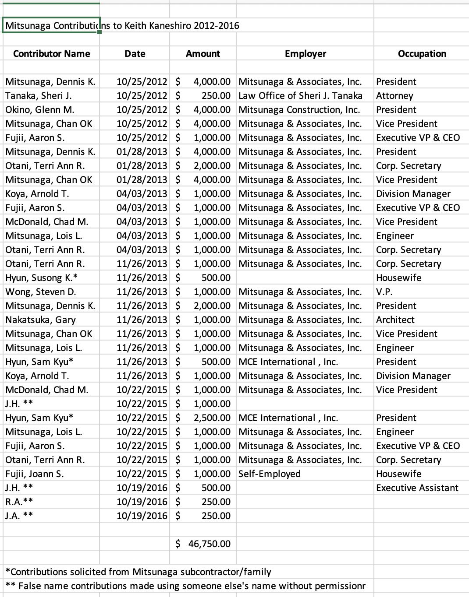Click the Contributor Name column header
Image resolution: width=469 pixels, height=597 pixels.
(x=51, y=54)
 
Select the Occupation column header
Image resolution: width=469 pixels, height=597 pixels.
(x=422, y=54)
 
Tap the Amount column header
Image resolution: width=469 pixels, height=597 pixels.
(x=203, y=54)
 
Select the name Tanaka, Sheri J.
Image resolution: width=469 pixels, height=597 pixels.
(x=39, y=96)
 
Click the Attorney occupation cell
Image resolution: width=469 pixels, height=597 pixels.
(x=394, y=96)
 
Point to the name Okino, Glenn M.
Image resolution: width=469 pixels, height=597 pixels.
(x=40, y=110)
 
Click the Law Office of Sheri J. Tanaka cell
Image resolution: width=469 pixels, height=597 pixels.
(x=300, y=96)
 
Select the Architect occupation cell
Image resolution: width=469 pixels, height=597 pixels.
(x=395, y=320)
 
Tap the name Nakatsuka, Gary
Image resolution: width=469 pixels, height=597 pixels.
(x=40, y=320)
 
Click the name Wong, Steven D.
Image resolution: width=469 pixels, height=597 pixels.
(x=41, y=292)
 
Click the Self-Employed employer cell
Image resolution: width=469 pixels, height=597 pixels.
(x=270, y=474)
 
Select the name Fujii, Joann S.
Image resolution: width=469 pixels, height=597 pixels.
(x=35, y=474)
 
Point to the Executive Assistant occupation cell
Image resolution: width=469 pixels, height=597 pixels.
(x=417, y=488)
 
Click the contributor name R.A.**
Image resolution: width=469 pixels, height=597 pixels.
(x=19, y=502)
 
